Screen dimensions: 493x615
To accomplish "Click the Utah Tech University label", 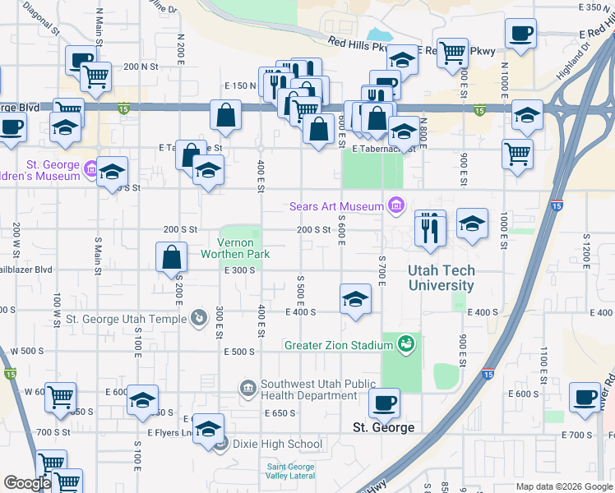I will click(x=442, y=278).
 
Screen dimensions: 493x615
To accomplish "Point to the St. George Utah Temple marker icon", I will click(x=198, y=317).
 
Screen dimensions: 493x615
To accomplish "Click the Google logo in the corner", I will click(x=27, y=484).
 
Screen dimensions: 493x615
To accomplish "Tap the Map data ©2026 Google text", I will click(x=564, y=486).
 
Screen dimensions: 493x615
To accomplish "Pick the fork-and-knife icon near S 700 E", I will click(x=430, y=228).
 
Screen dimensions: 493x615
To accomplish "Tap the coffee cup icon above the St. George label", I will click(x=383, y=403).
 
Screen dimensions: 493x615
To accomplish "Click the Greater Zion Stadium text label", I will click(x=338, y=345).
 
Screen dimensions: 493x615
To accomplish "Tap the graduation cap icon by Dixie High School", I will click(x=209, y=429).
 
